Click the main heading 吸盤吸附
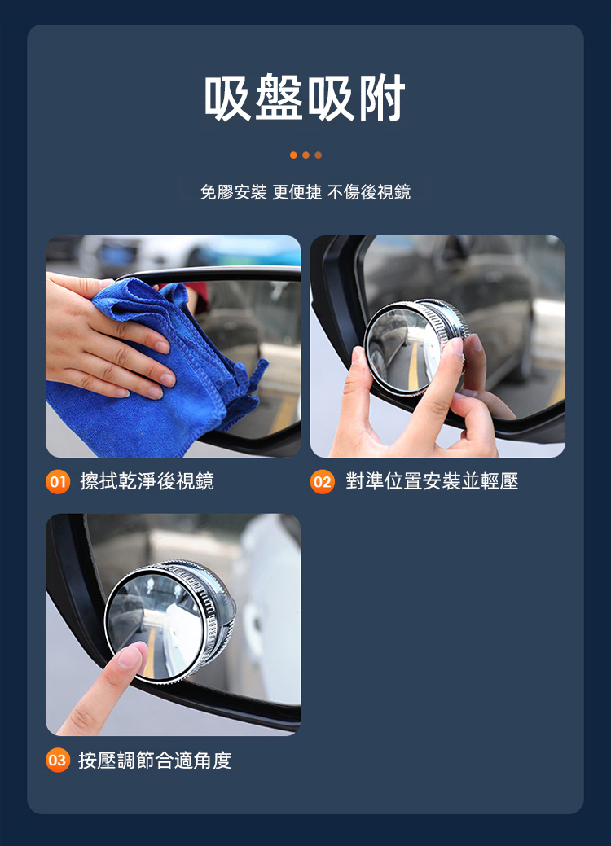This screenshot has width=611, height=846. click(x=305, y=98)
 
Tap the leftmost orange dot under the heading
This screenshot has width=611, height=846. click(x=293, y=156)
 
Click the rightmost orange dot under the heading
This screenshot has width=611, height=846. click(x=319, y=156)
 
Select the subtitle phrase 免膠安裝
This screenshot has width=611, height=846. click(x=233, y=192)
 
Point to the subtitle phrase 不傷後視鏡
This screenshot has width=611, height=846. click(x=369, y=192)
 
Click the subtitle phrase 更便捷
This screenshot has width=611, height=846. click(x=297, y=192)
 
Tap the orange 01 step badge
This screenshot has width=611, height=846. click(x=58, y=481)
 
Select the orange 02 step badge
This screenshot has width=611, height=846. click(x=323, y=481)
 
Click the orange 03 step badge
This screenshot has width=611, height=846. click(x=58, y=761)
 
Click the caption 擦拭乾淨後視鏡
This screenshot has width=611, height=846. click(x=147, y=481)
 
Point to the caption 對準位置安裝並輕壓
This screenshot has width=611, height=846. click(x=432, y=481)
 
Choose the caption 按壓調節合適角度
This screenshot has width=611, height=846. click(x=155, y=761)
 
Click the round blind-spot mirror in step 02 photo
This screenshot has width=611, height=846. click(x=413, y=345)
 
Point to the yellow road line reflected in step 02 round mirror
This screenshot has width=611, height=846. click(x=414, y=367)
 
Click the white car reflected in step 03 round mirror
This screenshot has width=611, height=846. click(x=181, y=637)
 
